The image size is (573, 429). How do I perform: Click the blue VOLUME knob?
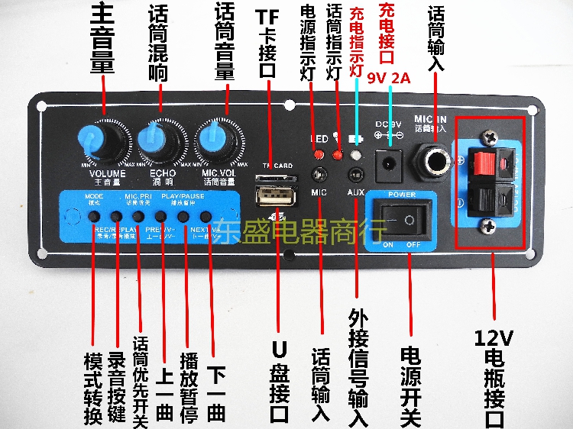[100, 142]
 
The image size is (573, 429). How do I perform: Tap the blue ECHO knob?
[161, 140]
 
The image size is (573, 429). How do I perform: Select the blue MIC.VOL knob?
[218, 142]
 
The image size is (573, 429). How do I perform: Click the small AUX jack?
[355, 173]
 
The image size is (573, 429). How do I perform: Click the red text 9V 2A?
[390, 77]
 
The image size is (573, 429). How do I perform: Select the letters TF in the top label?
[267, 16]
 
